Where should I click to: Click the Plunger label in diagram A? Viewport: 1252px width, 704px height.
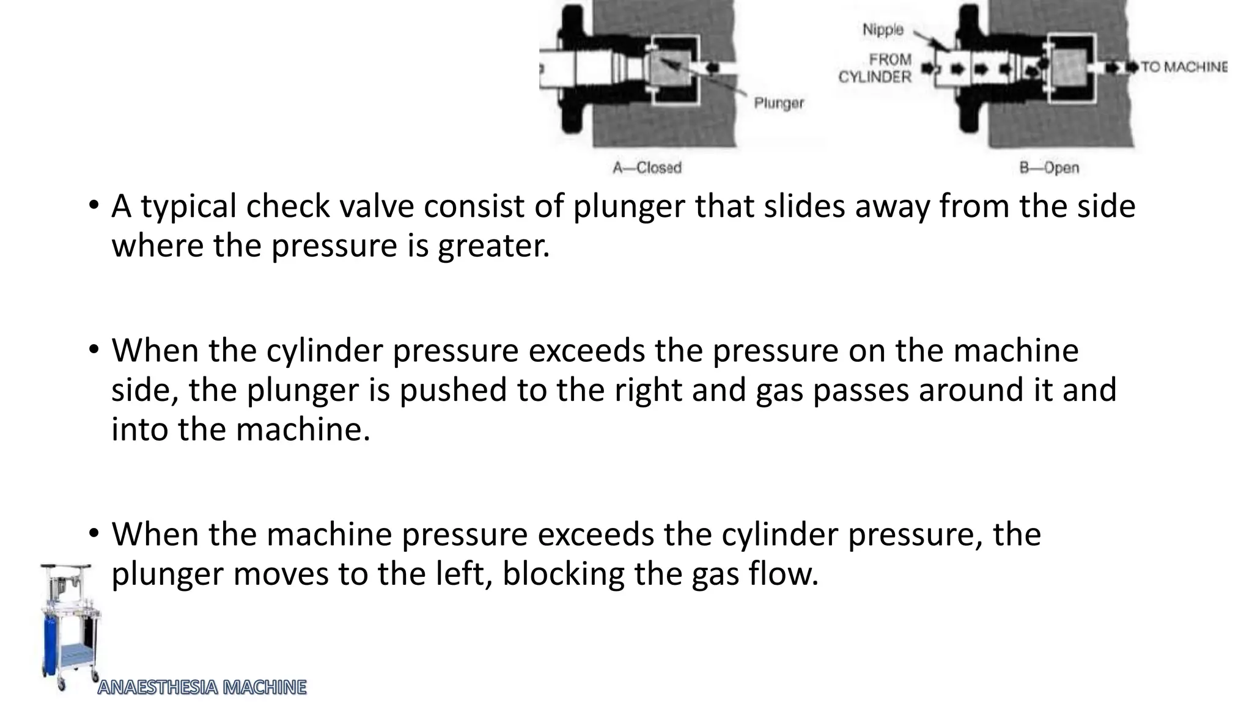click(x=778, y=103)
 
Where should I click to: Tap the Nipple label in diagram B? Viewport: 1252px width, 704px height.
click(x=882, y=29)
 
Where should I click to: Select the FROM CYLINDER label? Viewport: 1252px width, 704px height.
click(x=875, y=68)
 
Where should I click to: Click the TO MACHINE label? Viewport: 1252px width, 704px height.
click(x=1183, y=67)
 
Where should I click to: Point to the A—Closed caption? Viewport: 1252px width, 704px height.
click(x=647, y=167)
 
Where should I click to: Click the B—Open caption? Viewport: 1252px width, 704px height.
click(x=1049, y=167)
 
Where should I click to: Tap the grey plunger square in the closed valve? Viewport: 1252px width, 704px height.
click(x=671, y=68)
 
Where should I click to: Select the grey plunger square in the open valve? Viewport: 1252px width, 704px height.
click(x=1067, y=67)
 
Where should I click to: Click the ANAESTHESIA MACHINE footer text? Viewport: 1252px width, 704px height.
click(x=202, y=687)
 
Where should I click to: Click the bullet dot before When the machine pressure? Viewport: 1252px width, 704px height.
click(x=93, y=534)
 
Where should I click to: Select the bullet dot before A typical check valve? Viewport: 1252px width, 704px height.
click(x=93, y=206)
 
